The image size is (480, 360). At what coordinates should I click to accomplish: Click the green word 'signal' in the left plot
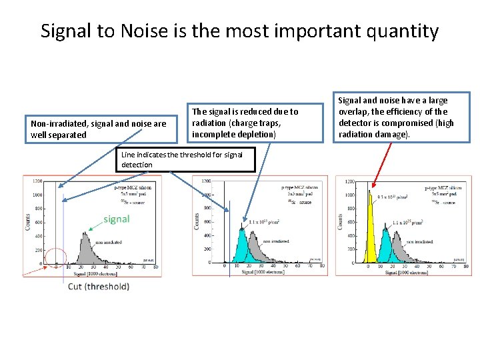click(x=116, y=219)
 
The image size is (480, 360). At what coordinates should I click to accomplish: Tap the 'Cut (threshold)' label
click(x=99, y=286)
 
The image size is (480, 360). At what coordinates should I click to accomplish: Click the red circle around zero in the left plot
click(x=55, y=258)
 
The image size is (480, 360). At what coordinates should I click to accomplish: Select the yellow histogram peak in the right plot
click(x=370, y=233)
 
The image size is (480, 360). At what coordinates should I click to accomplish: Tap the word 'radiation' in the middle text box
click(x=212, y=123)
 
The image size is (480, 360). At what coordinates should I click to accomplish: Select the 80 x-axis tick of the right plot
click(x=466, y=267)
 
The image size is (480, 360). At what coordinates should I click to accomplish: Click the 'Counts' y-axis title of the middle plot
click(x=197, y=221)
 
